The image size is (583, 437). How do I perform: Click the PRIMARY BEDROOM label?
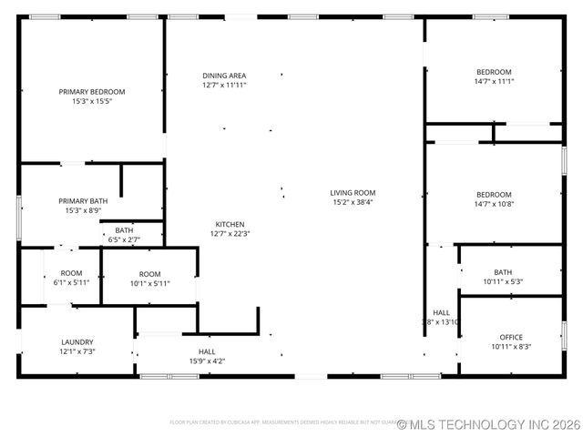tap(92, 92)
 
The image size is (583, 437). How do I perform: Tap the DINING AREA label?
tap(224, 76)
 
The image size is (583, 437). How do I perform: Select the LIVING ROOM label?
tap(353, 193)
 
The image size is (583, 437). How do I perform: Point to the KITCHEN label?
tap(230, 224)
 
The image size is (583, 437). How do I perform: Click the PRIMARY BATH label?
tap(83, 201)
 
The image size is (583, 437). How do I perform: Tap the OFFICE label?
tap(511, 337)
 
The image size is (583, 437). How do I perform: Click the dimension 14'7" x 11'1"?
tap(494, 82)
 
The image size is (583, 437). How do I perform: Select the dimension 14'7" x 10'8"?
tap(494, 204)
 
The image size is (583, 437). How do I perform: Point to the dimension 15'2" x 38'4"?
tap(353, 202)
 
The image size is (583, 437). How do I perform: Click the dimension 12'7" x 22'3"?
tap(230, 233)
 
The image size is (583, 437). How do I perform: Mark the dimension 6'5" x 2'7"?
tap(124, 239)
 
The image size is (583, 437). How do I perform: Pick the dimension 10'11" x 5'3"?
tap(503, 281)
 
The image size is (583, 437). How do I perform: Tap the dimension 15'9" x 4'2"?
tap(207, 361)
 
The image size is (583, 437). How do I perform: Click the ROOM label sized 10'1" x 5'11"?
tap(149, 283)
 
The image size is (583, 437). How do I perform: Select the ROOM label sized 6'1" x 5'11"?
tap(71, 282)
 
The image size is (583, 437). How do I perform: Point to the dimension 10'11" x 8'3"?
tap(511, 346)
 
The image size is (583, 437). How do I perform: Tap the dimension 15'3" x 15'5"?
tap(92, 101)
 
